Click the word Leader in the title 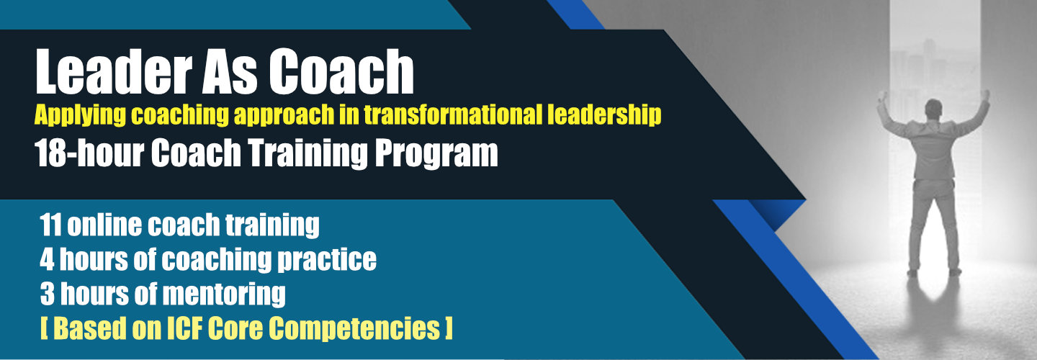tap(114, 72)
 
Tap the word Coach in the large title tap(341, 72)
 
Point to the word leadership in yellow tap(604, 115)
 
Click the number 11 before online tap(51, 225)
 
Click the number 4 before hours tap(47, 260)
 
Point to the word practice tap(327, 261)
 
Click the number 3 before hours tap(48, 294)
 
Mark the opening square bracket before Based tap(44, 329)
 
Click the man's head tap(933, 109)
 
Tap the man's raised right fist tap(984, 95)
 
